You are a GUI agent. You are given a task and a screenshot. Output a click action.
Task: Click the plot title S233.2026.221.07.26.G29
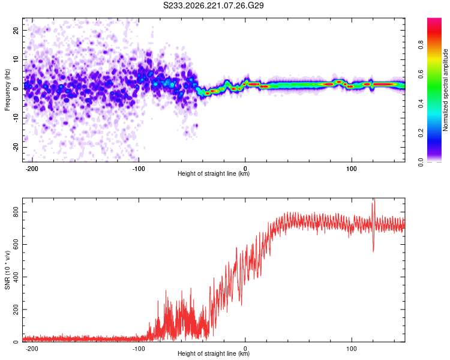pos(213,5)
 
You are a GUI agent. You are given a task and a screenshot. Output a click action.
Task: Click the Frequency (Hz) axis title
pos(7,89)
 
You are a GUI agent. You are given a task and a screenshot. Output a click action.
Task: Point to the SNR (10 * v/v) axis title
pos(7,270)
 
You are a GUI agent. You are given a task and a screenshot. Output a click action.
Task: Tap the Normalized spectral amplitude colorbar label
pos(445,90)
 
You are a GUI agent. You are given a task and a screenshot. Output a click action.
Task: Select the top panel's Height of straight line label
pos(214,173)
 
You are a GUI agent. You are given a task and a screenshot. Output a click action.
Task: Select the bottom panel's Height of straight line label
pos(214,353)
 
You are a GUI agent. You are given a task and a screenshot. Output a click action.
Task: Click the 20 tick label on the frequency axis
pos(16,31)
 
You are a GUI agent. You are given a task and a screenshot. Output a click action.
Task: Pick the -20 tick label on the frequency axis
pos(16,147)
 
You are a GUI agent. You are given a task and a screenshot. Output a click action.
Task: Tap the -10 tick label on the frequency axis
pos(16,118)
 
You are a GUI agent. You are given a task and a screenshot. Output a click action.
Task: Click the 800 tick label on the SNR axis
pos(16,212)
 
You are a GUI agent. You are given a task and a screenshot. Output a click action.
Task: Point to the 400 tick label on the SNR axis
pos(16,277)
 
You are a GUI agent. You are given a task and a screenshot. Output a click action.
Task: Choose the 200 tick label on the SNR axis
pos(16,310)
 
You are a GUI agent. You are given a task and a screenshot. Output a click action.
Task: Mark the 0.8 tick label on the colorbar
pos(421,45)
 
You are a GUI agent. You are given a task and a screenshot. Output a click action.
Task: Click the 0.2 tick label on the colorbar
pos(421,133)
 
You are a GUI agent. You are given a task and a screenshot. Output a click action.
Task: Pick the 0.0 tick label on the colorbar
pos(421,162)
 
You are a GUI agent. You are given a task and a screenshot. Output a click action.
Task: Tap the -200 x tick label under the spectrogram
pos(32,169)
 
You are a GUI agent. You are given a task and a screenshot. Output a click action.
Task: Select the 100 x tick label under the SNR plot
pos(352,349)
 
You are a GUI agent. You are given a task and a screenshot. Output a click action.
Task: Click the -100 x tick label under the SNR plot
pos(139,349)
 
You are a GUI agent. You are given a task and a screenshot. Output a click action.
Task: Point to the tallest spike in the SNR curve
pos(374,199)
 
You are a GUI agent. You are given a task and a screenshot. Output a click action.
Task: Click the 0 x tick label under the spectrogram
pos(245,169)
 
